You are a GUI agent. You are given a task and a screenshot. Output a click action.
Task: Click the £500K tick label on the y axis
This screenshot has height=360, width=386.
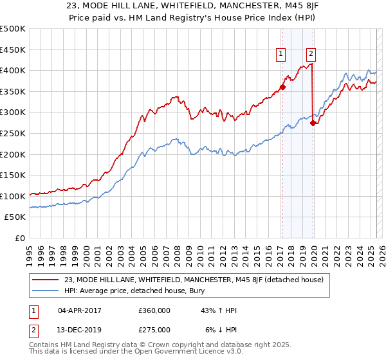(13, 29)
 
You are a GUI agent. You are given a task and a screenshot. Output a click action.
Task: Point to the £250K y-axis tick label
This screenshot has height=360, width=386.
(13, 133)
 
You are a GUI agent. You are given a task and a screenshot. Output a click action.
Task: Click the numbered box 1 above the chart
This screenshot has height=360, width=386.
(281, 55)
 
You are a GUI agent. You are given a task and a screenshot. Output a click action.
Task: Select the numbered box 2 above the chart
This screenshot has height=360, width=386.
(311, 55)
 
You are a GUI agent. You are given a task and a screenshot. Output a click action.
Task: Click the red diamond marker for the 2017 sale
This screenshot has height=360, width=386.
(282, 87)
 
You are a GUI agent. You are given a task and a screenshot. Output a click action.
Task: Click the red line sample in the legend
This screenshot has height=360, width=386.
(46, 279)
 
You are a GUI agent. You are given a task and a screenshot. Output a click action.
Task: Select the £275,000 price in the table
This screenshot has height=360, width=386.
(154, 329)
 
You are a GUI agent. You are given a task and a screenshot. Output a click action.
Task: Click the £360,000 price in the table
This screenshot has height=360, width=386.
(154, 310)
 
